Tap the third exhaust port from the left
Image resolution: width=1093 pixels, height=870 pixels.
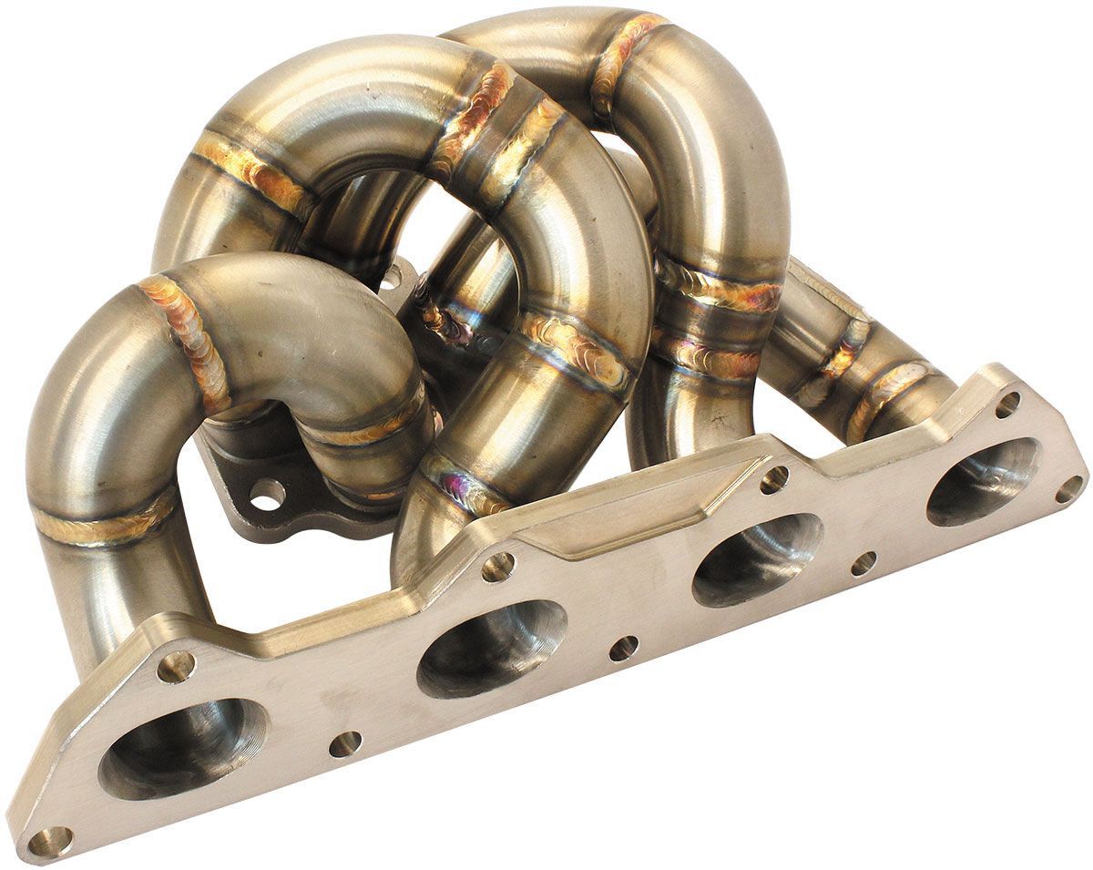pyautogui.click(x=756, y=559)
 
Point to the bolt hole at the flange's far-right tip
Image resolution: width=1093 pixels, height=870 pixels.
pyautogui.click(x=1068, y=490)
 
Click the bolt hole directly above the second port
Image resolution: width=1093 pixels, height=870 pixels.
pyautogui.click(x=498, y=567)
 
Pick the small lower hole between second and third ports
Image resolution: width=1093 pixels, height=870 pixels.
pyautogui.click(x=623, y=648)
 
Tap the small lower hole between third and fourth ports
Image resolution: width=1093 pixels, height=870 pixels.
pyautogui.click(x=863, y=563)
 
